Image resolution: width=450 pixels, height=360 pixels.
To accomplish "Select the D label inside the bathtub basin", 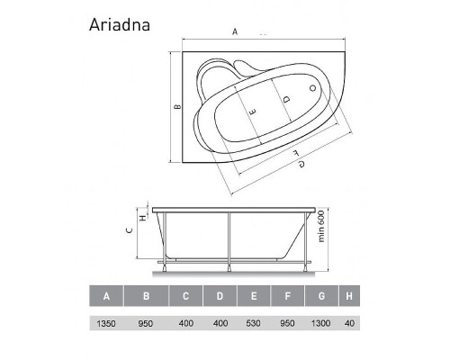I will click(285, 99).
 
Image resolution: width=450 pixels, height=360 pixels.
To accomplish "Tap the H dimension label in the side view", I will click(142, 215).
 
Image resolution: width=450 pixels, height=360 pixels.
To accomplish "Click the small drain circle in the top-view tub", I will click(313, 88).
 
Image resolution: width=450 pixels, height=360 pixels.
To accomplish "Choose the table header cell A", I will click(107, 296).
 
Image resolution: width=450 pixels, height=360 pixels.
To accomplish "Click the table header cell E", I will click(255, 296).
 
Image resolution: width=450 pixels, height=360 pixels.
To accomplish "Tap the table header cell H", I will click(348, 296).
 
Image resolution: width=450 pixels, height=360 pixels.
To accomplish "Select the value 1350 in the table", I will click(107, 322).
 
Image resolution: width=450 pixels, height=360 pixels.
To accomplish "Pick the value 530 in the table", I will click(255, 322).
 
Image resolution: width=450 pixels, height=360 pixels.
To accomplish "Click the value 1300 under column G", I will click(319, 322).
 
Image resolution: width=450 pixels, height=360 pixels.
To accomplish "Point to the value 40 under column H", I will click(349, 322).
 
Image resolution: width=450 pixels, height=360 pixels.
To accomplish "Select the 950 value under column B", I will click(147, 322).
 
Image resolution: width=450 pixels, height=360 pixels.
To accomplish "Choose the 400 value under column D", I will click(220, 322).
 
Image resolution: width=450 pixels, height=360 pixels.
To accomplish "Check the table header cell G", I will click(319, 296).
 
